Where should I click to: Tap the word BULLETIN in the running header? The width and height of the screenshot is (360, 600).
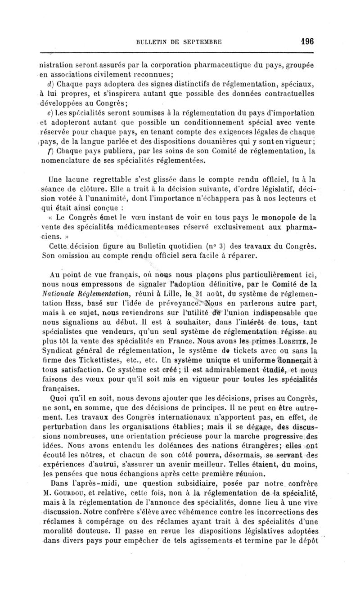(x=154, y=42)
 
